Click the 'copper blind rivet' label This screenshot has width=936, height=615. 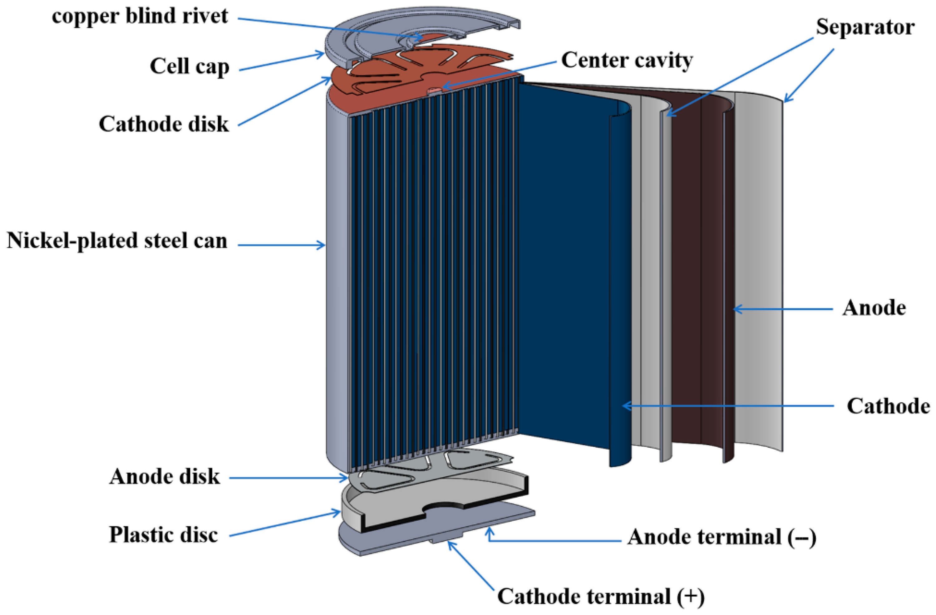[140, 17]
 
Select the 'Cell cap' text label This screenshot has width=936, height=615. [189, 66]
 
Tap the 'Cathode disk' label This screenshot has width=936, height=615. [164, 124]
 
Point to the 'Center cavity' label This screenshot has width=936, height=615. [627, 61]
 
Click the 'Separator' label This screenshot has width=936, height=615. [865, 27]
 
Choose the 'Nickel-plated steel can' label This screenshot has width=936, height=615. [117, 241]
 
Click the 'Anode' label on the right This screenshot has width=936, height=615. [874, 307]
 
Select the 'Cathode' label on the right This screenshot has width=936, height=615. [888, 406]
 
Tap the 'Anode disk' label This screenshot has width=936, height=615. [165, 477]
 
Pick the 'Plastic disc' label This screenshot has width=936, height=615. [163, 535]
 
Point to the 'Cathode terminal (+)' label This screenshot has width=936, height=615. [601, 597]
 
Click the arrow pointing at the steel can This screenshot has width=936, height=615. [281, 245]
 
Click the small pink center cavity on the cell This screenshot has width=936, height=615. [434, 91]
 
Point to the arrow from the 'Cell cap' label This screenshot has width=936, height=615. [282, 62]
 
